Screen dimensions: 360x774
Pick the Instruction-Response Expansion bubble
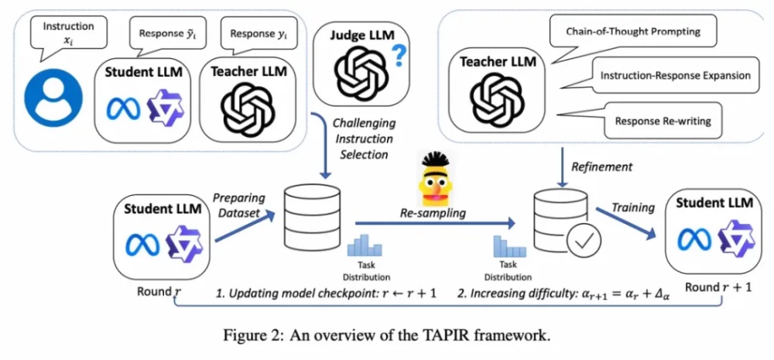tap(675, 76)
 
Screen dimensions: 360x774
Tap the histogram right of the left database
tap(366, 245)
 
